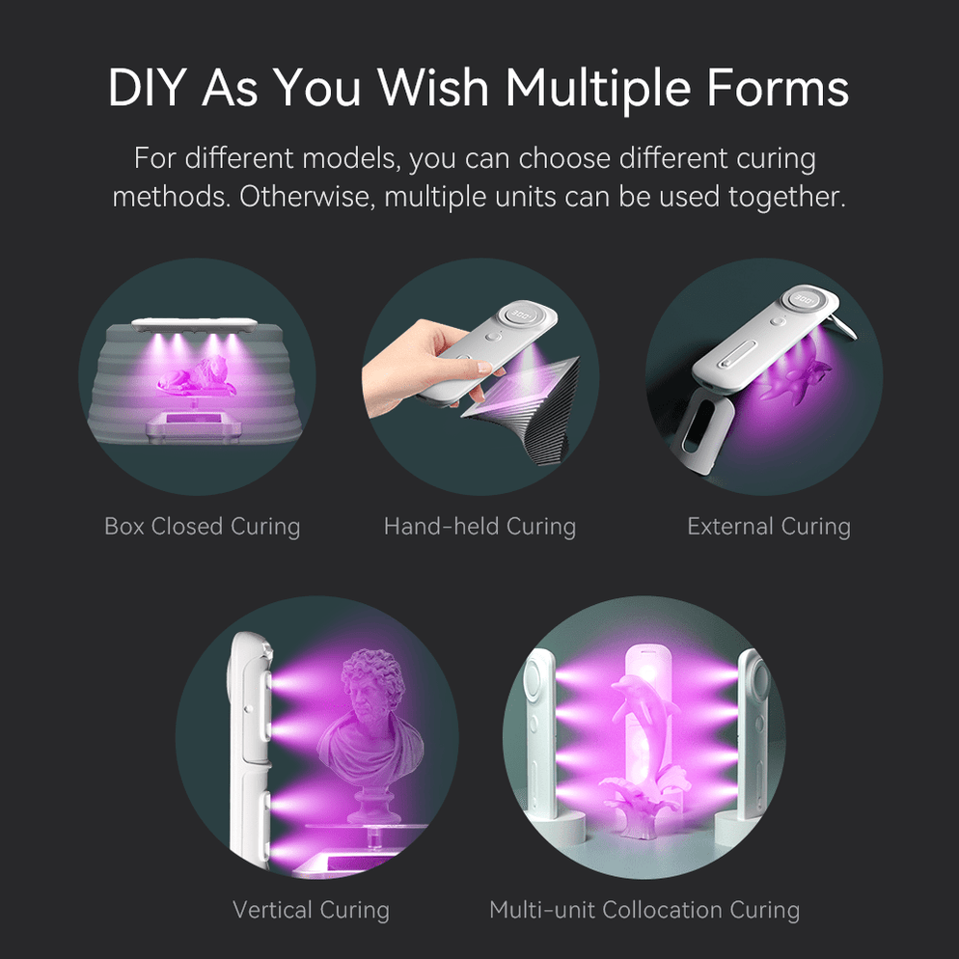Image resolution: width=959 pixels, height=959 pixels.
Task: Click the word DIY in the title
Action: [x=148, y=88]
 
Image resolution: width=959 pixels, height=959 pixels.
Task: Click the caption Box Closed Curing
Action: [x=202, y=527]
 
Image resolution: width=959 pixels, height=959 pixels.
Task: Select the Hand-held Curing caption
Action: [x=479, y=527]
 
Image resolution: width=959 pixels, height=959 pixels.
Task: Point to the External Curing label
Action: [x=769, y=527]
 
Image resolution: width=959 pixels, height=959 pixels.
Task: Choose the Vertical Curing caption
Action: [x=311, y=910]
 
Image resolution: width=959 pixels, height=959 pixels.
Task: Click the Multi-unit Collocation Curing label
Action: [x=644, y=910]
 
